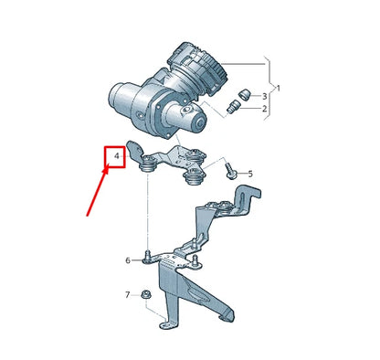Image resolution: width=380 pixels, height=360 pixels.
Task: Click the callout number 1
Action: [x=280, y=89]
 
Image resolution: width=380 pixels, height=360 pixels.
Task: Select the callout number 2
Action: [x=264, y=110]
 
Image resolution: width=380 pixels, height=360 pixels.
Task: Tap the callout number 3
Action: [x=264, y=96]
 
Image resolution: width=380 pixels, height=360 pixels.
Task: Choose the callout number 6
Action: [x=128, y=260]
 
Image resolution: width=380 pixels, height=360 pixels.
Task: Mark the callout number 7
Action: [x=128, y=295]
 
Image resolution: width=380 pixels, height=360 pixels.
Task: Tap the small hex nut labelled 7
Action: [x=146, y=294]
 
